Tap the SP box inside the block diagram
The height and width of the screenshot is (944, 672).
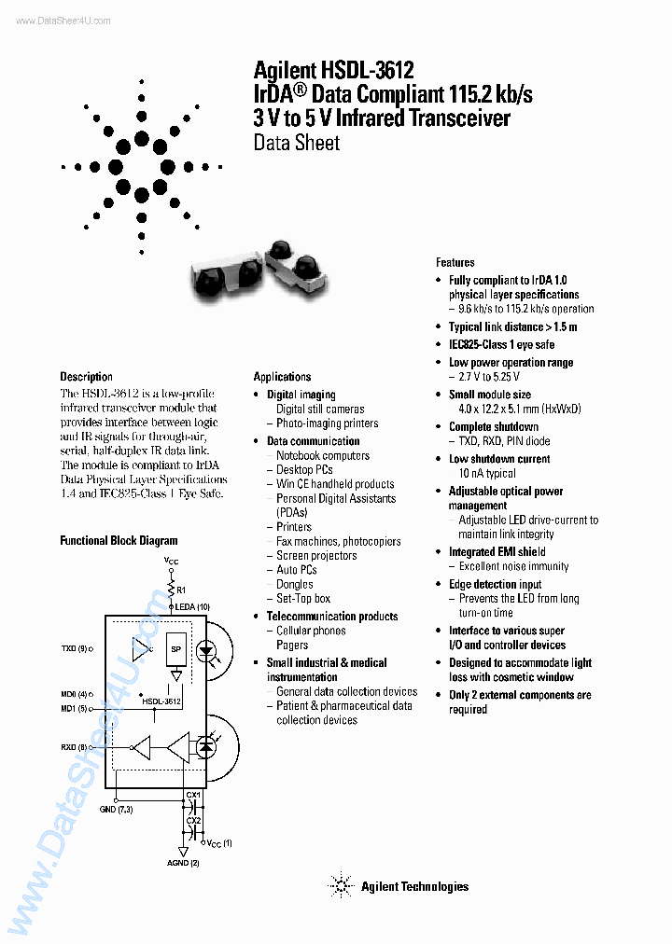pos(175,649)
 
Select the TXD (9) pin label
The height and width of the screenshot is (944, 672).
pos(75,647)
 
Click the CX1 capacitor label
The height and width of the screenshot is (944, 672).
pos(193,795)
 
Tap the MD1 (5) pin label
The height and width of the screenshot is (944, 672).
pos(76,708)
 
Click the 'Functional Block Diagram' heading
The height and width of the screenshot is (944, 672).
pos(119,540)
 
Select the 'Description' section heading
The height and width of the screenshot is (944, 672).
pos(87,377)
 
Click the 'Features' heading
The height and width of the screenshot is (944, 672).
pos(455,263)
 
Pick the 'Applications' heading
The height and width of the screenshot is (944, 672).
pos(282,377)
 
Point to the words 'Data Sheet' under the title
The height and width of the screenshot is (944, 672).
pos(296,143)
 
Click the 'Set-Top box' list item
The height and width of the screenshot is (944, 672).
pos(303,598)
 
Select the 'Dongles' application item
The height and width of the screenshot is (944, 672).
pos(295,584)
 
